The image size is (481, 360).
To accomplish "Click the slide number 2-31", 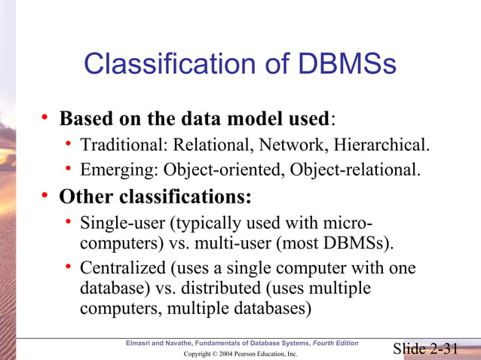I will [444, 347].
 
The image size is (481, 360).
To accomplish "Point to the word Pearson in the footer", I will [237, 353].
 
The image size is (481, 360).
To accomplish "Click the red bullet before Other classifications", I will [45, 197].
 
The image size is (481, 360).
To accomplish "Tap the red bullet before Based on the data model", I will [45, 118].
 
